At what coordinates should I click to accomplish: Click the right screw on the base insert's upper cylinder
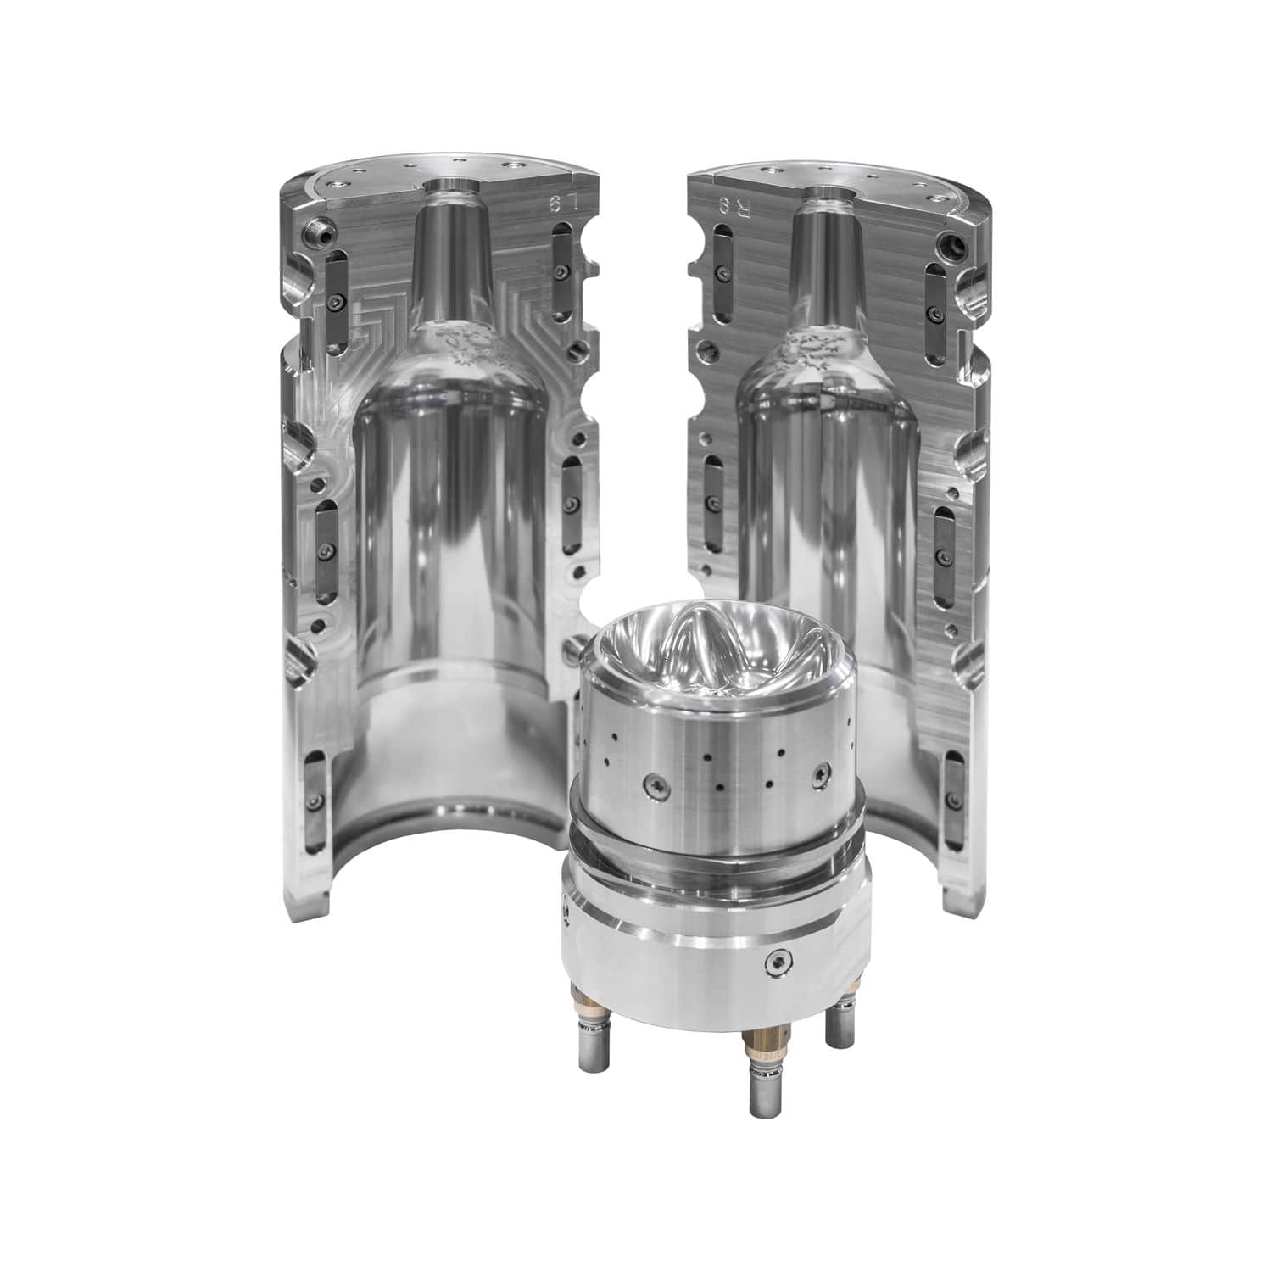point(820,774)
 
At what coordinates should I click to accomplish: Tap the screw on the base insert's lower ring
point(777,960)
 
